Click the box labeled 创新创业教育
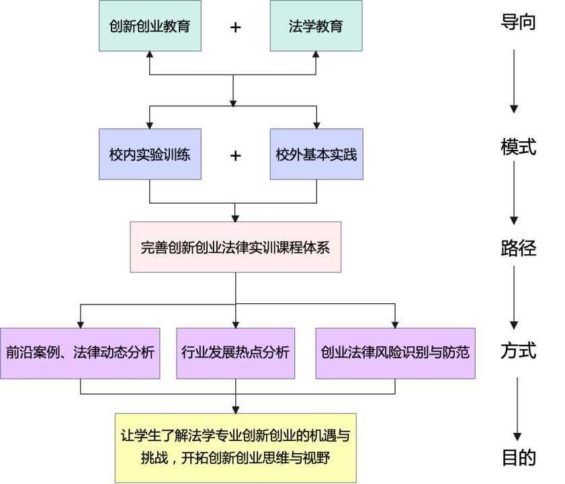tap(150, 26)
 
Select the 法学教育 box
tap(316, 26)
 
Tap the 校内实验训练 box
tap(150, 154)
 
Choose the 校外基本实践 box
tap(316, 154)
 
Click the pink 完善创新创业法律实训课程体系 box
tap(235, 247)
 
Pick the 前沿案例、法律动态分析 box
tap(80, 354)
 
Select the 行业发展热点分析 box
tap(235, 354)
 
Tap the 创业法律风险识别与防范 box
tap(395, 354)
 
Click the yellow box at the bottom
tap(236, 448)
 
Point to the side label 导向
tap(518, 22)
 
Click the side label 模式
tap(518, 147)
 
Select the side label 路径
tap(518, 248)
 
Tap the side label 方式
tap(518, 350)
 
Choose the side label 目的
tap(519, 457)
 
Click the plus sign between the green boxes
tap(235, 28)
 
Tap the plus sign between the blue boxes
tap(235, 156)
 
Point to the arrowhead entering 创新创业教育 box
tap(150, 54)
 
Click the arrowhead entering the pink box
tap(235, 218)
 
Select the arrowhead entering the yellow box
tap(235, 410)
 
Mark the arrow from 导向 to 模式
tap(514, 81)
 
